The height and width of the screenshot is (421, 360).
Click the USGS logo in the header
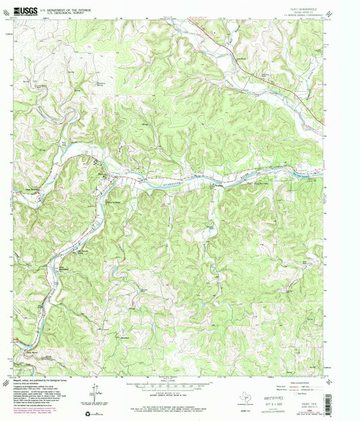coord(25,11)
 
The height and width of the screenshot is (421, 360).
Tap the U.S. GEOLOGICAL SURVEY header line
coord(66,14)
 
